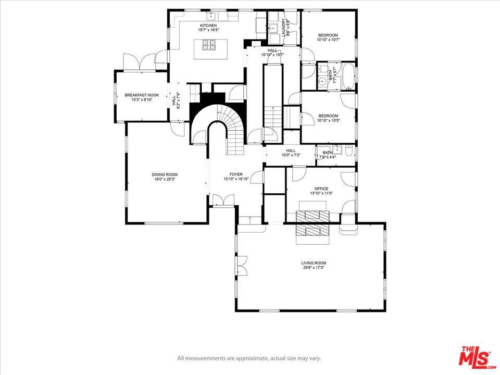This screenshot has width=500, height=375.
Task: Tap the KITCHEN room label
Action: tap(208, 26)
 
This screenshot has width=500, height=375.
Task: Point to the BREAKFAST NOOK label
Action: tap(141, 95)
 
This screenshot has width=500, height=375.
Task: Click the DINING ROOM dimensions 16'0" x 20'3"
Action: tap(165, 179)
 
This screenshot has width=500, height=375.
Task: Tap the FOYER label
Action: tap(236, 174)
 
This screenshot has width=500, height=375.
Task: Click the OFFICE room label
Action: tap(321, 189)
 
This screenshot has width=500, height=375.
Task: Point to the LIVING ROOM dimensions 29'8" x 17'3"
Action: tap(313, 268)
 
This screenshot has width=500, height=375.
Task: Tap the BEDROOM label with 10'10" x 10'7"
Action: tap(328, 35)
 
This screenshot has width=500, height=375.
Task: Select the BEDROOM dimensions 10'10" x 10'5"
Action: tap(328, 120)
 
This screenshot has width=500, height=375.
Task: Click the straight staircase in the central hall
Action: tap(271, 117)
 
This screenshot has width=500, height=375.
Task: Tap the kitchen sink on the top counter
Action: tap(214, 15)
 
